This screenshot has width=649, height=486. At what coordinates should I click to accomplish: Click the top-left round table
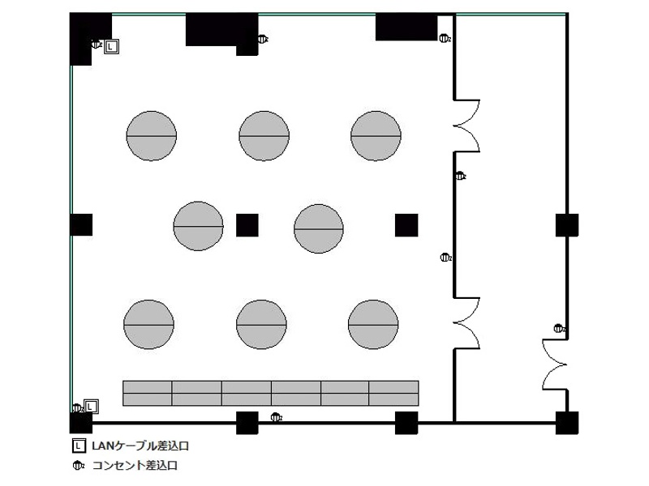point(152,135)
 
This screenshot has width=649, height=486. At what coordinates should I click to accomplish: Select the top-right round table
point(376,135)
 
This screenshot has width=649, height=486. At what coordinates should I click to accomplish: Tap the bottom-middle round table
point(261,325)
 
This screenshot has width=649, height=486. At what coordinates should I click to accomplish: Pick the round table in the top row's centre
point(264,135)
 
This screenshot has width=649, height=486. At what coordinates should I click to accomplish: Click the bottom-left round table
point(148,325)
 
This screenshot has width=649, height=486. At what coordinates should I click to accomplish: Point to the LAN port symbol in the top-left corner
point(111,47)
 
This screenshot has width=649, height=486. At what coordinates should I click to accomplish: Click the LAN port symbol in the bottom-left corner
point(91,407)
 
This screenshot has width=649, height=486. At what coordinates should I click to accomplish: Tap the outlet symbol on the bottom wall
point(276,417)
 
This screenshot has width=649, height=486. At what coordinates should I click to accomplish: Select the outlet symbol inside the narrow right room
point(559,329)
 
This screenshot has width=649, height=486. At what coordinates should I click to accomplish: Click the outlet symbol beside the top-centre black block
point(263,39)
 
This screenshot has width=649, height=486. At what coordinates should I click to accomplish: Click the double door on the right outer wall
point(555,364)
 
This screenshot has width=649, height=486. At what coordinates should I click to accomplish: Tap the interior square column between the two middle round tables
point(247,225)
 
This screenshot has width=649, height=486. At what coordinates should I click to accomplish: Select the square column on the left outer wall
point(81,225)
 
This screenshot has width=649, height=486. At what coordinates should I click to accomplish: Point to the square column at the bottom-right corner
point(567,423)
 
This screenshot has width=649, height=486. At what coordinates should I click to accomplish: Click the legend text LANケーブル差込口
point(140,446)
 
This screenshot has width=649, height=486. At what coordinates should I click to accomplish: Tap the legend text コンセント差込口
point(135,465)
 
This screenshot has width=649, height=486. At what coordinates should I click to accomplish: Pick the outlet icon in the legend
point(78,466)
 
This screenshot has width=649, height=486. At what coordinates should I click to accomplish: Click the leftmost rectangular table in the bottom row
point(148,393)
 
